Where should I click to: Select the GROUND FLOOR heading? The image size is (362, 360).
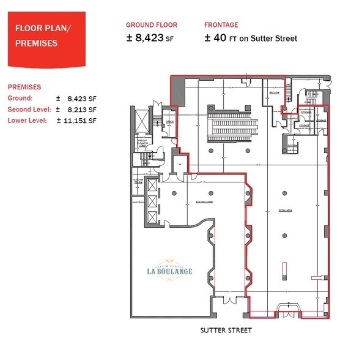pyautogui.click(x=152, y=25)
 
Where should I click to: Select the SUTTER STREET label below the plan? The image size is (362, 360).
pyautogui.click(x=226, y=330)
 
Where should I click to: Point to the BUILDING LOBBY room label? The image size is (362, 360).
pyautogui.click(x=204, y=201)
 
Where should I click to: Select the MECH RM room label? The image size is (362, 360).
pyautogui.click(x=275, y=93)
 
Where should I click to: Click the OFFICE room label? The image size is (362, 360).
pyautogui.click(x=169, y=122)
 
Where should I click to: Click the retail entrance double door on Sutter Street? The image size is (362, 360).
pyautogui.click(x=286, y=310)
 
